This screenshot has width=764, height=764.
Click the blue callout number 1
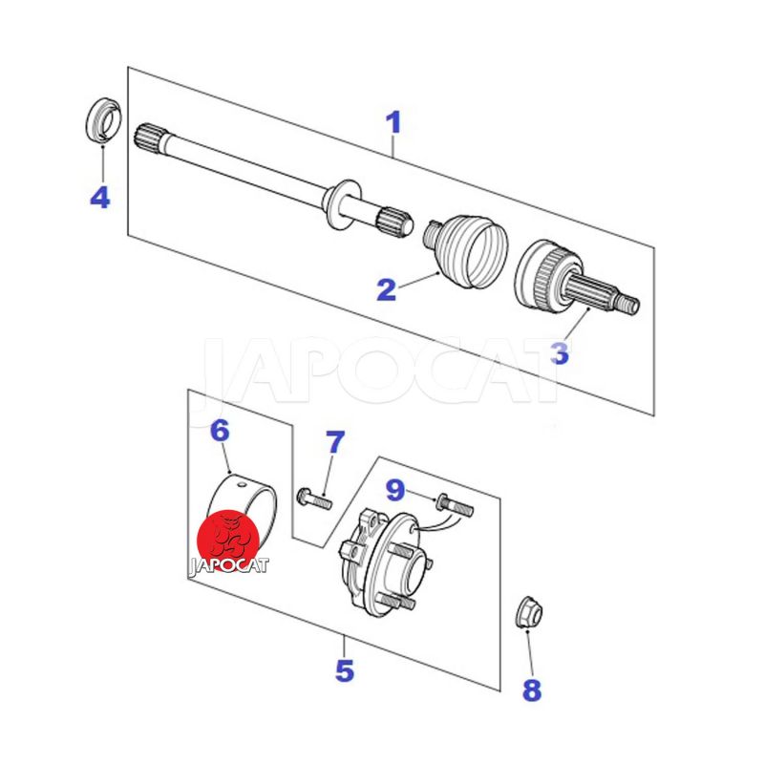pos(393,122)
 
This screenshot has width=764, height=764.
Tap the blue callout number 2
pos(387,289)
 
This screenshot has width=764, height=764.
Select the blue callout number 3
pos(560,352)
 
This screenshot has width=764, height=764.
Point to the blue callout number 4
pos(100,198)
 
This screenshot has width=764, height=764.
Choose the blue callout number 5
pos(345,670)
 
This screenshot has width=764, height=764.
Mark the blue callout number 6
pos(220,431)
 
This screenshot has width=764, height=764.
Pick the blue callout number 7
pos(335,442)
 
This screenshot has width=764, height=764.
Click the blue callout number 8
pos(532,690)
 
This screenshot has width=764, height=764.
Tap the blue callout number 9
pos(395,490)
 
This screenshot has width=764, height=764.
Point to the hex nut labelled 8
pos(529,611)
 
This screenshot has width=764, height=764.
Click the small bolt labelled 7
pos(314,499)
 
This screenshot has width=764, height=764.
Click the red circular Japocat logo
pos(227,541)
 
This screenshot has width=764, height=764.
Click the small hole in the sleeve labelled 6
pos(241,485)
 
